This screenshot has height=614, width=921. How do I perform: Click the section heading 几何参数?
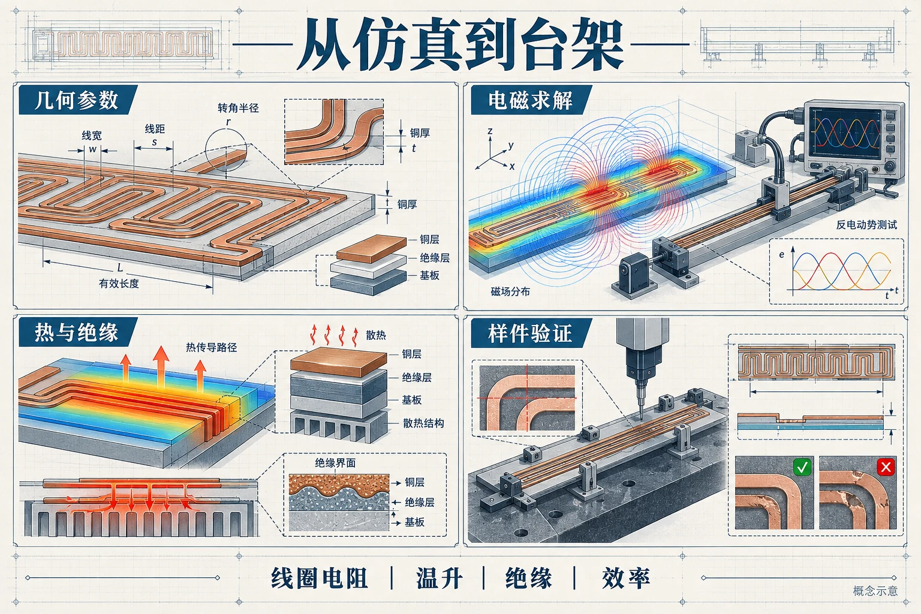point(77,100)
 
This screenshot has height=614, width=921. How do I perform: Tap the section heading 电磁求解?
point(530,100)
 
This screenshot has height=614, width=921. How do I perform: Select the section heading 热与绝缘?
point(77,332)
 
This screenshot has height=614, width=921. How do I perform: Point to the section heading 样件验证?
point(530,333)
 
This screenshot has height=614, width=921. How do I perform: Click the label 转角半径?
point(238,108)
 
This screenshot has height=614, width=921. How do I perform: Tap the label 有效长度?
point(119,284)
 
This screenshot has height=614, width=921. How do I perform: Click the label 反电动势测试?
point(866,224)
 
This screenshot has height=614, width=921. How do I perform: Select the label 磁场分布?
point(510,291)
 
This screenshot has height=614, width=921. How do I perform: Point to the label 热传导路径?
point(211,348)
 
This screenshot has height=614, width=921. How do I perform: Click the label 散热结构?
point(423,423)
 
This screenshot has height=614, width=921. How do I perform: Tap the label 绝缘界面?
point(335,463)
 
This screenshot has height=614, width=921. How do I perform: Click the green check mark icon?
point(803,466)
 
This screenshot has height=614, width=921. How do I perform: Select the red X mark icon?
point(886,466)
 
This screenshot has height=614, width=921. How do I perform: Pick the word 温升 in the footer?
point(439,578)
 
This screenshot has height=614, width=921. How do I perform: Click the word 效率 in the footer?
point(626,578)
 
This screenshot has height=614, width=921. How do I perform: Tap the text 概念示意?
point(875,591)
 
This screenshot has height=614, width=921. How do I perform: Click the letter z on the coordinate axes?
point(490,131)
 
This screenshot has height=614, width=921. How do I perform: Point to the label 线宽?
point(92,136)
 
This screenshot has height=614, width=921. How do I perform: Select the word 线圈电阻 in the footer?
point(320,578)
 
